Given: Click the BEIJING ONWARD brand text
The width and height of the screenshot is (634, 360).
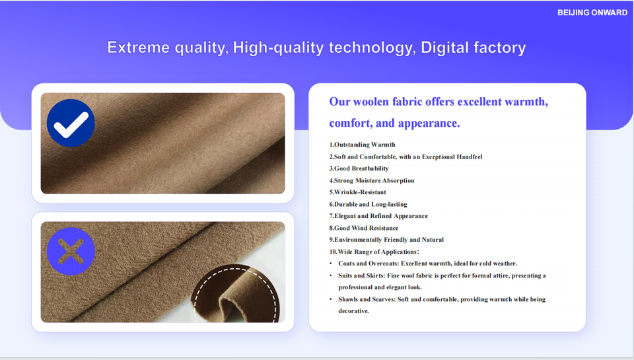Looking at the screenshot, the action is [592, 13].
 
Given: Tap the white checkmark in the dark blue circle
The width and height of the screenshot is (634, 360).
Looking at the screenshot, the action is [71, 125].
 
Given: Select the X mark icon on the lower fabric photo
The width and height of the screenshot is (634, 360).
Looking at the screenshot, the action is [71, 251].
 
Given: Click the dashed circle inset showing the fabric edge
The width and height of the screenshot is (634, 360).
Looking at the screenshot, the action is [236, 294].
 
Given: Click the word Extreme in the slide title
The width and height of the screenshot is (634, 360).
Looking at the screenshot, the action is [138, 48].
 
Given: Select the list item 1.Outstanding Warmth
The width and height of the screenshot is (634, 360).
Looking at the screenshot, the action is [363, 145].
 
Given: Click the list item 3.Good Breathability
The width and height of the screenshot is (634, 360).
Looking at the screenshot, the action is [359, 168].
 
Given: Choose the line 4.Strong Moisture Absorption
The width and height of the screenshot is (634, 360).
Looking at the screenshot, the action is [372, 180].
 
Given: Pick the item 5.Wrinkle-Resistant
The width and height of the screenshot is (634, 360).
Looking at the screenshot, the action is [357, 192].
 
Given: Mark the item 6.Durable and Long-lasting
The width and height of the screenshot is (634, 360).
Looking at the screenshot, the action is [368, 204].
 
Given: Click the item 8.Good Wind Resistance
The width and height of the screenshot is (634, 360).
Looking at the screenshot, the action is [363, 228].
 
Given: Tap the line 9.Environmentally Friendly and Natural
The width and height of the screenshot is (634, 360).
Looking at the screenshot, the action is [386, 240].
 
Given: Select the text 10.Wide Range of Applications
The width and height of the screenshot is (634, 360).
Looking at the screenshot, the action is [374, 252].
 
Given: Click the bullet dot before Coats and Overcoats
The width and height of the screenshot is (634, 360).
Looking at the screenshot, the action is [331, 264].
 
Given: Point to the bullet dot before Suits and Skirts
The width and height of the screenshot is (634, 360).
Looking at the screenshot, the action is [331, 275].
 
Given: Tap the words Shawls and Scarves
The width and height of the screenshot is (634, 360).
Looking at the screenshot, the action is [367, 299].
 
